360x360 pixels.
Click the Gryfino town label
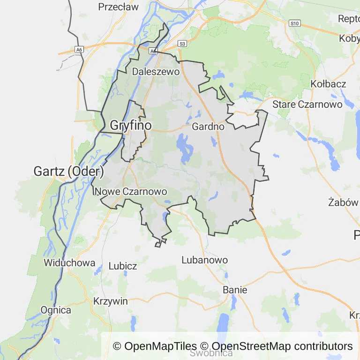coord(131,126)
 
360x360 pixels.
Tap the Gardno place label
coord(208,127)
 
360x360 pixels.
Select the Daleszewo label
coord(156,72)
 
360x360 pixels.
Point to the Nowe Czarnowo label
coord(132,191)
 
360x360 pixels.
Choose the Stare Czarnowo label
coord(307,104)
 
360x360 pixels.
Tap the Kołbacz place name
coord(329,84)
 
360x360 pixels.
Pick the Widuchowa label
coord(69,263)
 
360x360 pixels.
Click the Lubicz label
coord(123,266)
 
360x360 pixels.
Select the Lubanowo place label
coord(204,260)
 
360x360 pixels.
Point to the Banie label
coord(235,290)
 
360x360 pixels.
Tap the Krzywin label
coord(111,301)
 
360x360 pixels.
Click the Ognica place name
coord(56,310)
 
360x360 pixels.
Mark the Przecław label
coord(119,7)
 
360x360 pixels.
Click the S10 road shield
coord(294,23)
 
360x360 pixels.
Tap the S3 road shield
coord(182,44)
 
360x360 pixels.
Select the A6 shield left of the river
coord(79,49)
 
